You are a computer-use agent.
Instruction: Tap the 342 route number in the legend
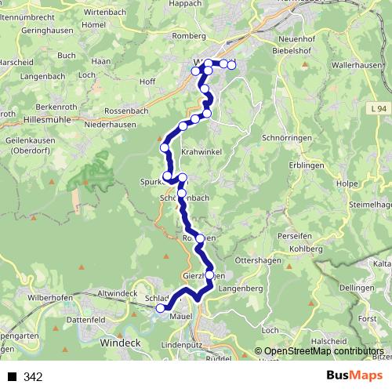point(33,377)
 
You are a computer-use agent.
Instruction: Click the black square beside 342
point(13,377)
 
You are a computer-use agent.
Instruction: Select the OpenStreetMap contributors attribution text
point(324,351)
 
